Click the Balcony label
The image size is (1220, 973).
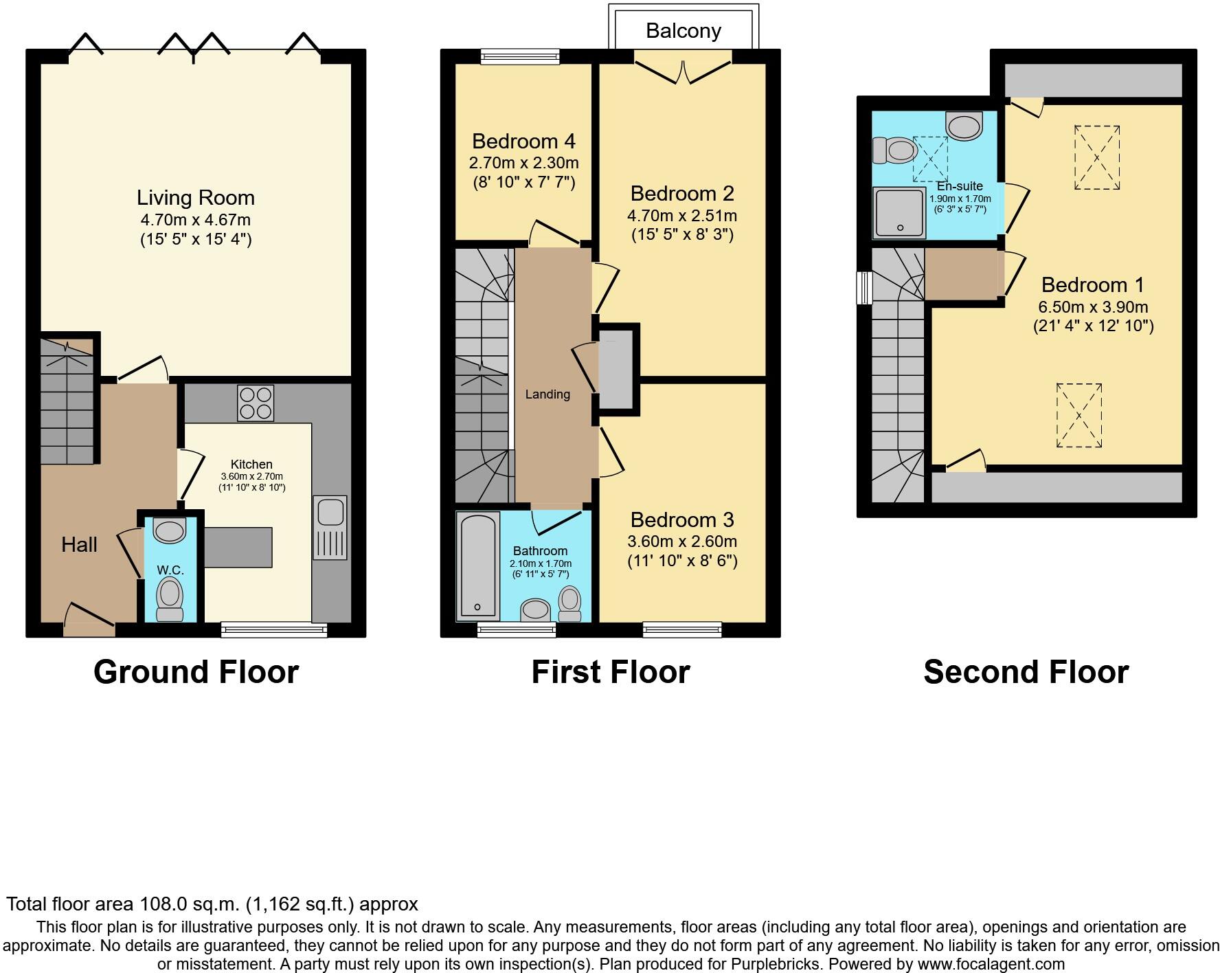tap(683, 31)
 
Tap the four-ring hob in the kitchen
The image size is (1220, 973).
tap(255, 403)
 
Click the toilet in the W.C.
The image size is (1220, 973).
tap(170, 598)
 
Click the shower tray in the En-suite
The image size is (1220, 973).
tap(899, 212)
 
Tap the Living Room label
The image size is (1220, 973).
tap(196, 198)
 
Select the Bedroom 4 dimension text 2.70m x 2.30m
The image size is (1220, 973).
tap(523, 163)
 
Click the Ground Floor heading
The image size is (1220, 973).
tap(196, 671)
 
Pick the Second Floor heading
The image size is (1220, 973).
tap(1026, 671)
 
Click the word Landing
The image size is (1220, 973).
tap(547, 394)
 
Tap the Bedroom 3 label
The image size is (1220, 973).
tap(682, 519)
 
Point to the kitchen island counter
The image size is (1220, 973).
tap(238, 547)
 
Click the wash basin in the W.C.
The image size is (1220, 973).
tap(169, 530)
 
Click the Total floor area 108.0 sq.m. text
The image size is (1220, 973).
tap(212, 904)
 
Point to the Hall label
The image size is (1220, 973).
tap(79, 545)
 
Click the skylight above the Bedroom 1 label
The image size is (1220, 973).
tap(1097, 157)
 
